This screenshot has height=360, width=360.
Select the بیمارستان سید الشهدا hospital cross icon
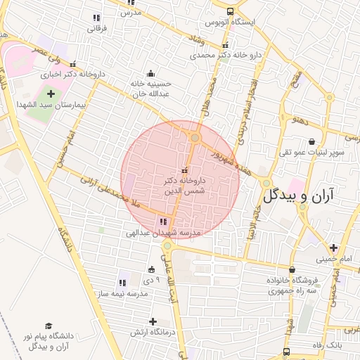(51, 94)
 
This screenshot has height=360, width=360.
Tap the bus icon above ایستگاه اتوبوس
(231, 11)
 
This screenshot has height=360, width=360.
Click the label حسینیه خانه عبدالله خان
(150, 87)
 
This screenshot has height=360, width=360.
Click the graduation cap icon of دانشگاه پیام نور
(49, 326)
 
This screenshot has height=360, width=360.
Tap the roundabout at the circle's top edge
(195, 138)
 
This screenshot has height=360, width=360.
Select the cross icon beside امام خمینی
(333, 247)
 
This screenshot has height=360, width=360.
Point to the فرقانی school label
(96, 29)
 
